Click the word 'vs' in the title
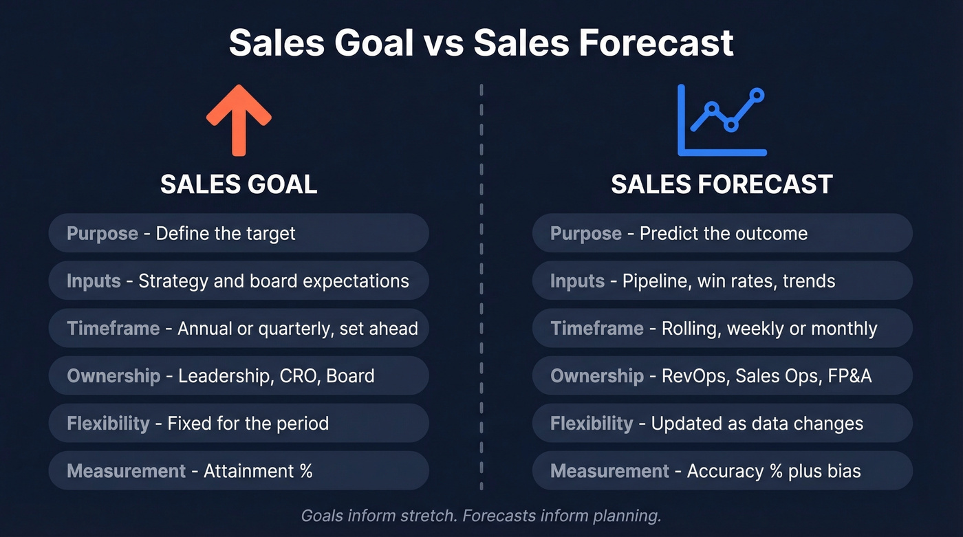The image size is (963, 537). pyautogui.click(x=444, y=43)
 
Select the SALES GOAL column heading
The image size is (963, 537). pyautogui.click(x=239, y=184)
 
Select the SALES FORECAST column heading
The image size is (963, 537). pyautogui.click(x=722, y=184)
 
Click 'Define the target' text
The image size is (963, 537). pyautogui.click(x=226, y=233)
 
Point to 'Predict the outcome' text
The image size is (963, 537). pyautogui.click(x=724, y=233)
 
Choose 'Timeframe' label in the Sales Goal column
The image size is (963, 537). pyautogui.click(x=113, y=328)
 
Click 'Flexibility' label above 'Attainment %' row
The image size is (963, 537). pyautogui.click(x=108, y=423)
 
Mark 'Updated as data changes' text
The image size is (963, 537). pyautogui.click(x=757, y=423)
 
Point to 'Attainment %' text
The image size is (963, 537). pyautogui.click(x=258, y=471)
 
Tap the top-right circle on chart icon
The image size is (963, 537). pyautogui.click(x=757, y=94)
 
